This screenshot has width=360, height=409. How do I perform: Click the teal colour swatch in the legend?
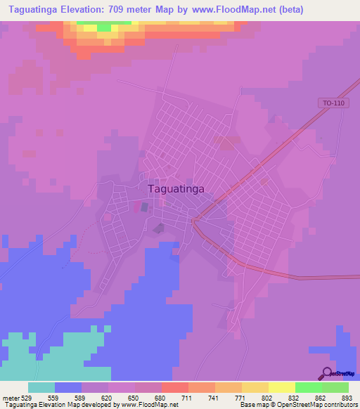click(x=41, y=387)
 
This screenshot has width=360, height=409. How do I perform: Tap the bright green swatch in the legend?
click(x=308, y=387)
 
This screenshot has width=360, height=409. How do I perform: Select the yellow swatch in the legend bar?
click(x=281, y=387)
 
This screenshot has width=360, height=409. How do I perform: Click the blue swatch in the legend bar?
click(x=68, y=387)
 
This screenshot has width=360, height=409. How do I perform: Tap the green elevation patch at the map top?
click(x=103, y=27)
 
